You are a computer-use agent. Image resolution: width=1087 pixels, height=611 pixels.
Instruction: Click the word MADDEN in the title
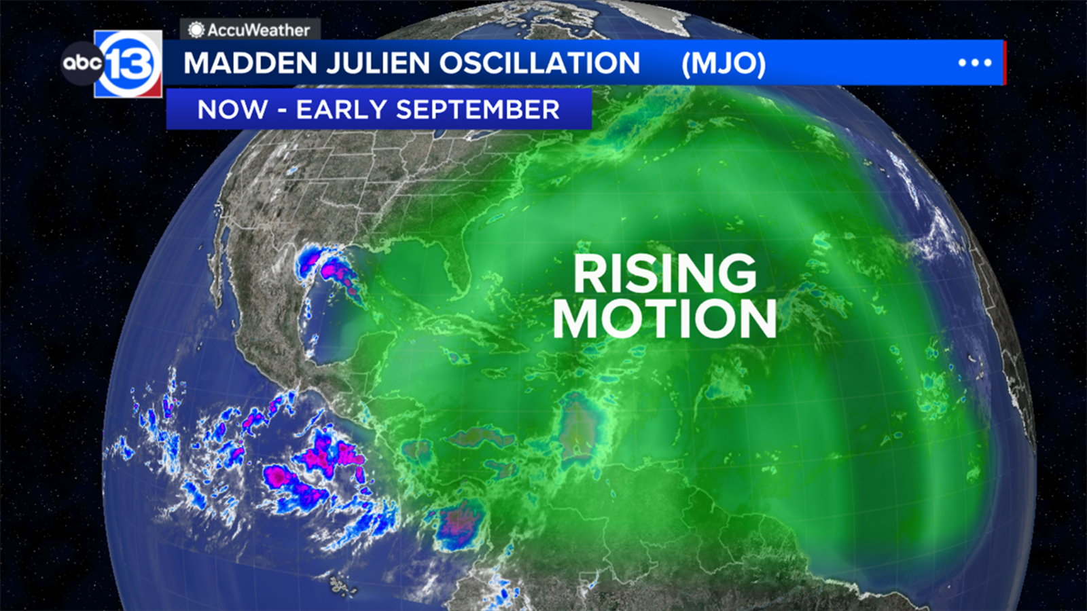click(250, 63)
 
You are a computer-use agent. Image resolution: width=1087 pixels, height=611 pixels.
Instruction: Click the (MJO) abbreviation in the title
click(724, 63)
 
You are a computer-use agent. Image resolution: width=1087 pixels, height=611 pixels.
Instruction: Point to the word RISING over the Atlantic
click(664, 273)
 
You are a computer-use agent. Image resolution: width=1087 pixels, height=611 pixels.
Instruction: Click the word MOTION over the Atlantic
click(664, 318)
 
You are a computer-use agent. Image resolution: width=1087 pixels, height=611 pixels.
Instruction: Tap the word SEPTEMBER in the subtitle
click(478, 109)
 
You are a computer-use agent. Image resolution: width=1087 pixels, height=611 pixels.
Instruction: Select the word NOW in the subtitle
click(232, 109)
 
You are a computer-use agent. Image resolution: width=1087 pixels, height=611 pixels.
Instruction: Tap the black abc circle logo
click(82, 63)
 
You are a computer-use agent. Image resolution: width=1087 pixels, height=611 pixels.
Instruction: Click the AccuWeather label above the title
click(258, 30)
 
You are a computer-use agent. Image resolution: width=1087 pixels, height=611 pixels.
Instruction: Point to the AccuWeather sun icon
click(196, 30)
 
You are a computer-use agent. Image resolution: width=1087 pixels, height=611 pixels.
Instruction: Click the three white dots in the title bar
click(975, 62)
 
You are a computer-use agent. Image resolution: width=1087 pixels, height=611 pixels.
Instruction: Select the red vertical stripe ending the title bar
click(1004, 62)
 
